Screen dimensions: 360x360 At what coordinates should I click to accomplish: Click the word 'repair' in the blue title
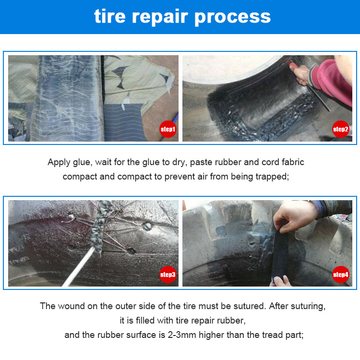160,17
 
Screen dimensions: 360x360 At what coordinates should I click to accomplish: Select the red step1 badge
168,129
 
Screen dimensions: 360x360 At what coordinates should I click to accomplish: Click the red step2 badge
341,129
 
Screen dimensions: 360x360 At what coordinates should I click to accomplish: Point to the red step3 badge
168,275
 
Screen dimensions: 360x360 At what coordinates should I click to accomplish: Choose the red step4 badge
341,275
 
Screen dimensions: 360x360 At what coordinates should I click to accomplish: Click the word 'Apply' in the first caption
59,163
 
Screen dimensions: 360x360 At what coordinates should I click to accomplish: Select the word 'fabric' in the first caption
293,162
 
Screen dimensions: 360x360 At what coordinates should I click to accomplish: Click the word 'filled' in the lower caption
145,321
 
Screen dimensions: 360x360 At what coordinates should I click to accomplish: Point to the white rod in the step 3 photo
79,267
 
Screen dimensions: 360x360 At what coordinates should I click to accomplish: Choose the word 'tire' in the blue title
110,16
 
